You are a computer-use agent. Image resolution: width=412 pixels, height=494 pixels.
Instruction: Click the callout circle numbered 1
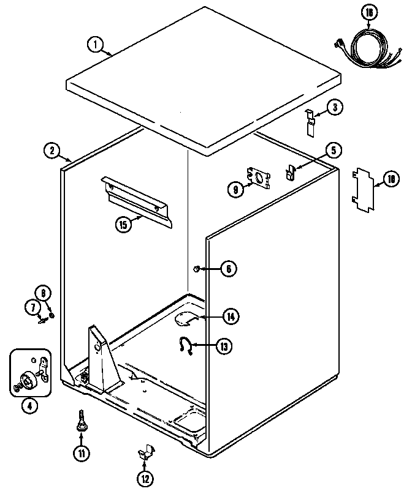point(95,44)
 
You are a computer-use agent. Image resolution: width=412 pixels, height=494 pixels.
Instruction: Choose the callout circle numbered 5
point(334,150)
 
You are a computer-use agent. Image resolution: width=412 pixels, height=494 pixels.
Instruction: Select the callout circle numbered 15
point(123,225)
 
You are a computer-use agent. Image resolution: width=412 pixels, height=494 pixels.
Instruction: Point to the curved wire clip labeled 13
point(184,345)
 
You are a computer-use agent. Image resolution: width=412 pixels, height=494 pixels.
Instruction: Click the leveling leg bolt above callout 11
point(80,421)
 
